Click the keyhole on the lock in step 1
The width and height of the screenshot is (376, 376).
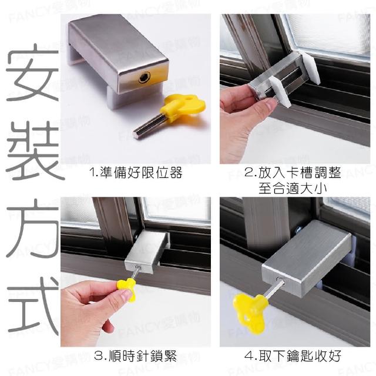[x=144, y=78]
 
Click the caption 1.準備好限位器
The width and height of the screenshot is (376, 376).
[x=136, y=172]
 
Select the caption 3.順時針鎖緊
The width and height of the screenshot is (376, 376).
[x=135, y=355]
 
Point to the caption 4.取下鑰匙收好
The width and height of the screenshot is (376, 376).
[x=293, y=355]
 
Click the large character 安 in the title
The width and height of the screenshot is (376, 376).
[x=33, y=72]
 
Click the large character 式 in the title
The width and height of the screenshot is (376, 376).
[x=33, y=305]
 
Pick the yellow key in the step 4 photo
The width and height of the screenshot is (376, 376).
[x=250, y=312]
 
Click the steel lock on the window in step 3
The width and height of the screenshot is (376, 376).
[x=146, y=252]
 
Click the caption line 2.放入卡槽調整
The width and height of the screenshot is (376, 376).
[x=293, y=172]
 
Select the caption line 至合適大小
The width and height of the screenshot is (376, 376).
[x=293, y=188]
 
